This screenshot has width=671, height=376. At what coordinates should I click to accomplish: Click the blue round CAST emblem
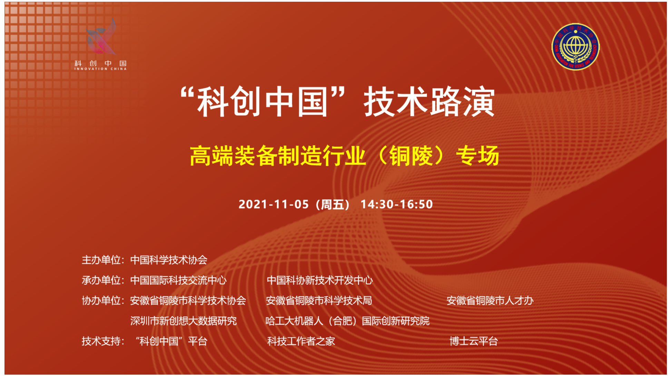click(x=575, y=47)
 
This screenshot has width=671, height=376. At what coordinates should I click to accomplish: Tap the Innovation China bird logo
click(x=101, y=37)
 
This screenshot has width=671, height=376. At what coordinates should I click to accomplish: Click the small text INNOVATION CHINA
click(x=100, y=69)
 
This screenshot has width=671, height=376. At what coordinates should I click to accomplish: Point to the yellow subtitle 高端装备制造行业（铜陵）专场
click(x=344, y=156)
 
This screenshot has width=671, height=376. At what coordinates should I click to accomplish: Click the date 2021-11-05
click(x=274, y=204)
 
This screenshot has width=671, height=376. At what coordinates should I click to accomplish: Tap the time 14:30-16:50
click(x=397, y=204)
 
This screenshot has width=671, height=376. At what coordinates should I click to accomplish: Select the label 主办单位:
click(x=103, y=260)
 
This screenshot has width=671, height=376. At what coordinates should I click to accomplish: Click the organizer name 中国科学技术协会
click(x=169, y=260)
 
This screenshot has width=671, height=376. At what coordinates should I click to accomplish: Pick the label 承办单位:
click(x=103, y=280)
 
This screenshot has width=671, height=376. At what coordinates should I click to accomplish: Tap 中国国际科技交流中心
click(x=178, y=280)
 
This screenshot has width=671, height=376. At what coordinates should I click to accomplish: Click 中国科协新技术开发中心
click(x=320, y=280)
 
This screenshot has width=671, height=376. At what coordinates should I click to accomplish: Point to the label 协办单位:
click(x=103, y=301)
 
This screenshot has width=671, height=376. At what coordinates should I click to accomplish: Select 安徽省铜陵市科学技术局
click(x=319, y=301)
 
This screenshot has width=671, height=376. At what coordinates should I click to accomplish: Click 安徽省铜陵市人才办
click(x=490, y=301)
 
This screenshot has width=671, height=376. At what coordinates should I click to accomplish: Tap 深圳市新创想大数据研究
click(x=184, y=321)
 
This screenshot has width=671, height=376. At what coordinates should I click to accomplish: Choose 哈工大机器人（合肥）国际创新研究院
click(x=347, y=321)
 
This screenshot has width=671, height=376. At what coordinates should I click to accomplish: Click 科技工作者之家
click(x=301, y=341)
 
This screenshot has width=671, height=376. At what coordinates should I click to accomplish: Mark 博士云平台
click(x=474, y=341)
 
